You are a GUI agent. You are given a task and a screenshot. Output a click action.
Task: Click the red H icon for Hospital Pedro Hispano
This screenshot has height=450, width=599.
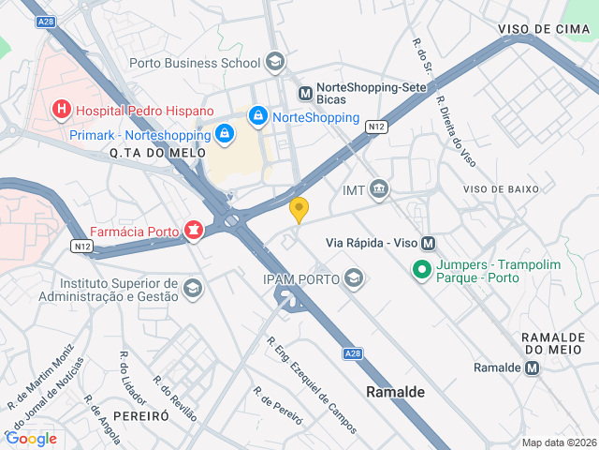[x=62, y=111]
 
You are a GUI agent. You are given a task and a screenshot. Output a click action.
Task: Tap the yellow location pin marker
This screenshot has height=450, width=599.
[x=299, y=210]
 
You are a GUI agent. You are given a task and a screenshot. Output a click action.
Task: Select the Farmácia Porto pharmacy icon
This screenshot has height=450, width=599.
[x=194, y=230]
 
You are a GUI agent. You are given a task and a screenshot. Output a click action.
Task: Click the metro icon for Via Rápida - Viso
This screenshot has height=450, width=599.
[x=429, y=243]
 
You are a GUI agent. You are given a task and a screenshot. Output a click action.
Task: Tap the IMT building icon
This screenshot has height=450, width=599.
[x=379, y=190]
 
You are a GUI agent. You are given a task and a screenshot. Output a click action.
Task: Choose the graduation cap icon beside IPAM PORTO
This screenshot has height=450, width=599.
[x=354, y=277]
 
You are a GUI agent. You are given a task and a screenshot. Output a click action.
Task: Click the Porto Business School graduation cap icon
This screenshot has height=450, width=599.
[x=275, y=64]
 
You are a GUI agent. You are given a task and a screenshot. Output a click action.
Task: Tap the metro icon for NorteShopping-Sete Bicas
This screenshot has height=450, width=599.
[x=305, y=94]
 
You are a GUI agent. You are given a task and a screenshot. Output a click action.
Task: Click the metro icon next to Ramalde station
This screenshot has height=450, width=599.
[x=533, y=367]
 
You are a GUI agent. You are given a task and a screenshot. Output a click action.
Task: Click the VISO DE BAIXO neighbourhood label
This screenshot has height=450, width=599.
[x=502, y=189]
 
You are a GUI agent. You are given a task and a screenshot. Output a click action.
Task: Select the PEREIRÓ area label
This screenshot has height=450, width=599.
[x=140, y=414]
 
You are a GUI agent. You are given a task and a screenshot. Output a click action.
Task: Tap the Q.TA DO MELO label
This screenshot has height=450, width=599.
[x=144, y=153]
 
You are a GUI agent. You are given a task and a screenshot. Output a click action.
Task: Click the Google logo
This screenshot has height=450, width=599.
[x=31, y=438]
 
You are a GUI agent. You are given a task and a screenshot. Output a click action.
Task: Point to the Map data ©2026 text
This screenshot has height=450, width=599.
[x=558, y=442]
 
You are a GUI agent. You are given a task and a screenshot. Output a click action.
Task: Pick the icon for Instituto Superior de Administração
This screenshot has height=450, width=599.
[x=193, y=287]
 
